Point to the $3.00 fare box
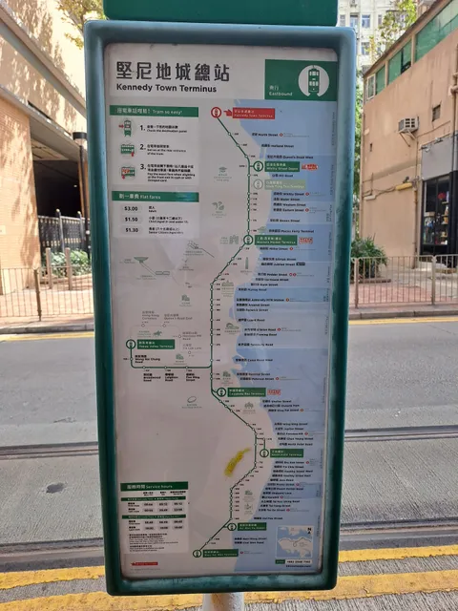pyautogui.click(x=132, y=207)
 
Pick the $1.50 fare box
pyautogui.click(x=132, y=219)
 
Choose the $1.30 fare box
pyautogui.click(x=132, y=229)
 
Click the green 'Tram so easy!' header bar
pyautogui.click(x=155, y=112)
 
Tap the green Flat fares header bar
pyautogui.click(x=155, y=196)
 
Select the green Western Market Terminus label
pyautogui.click(x=274, y=241)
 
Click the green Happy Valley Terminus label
pyautogui.click(x=152, y=344)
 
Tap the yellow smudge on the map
pyautogui.click(x=236, y=462)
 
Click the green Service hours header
pyautogui.click(x=153, y=486)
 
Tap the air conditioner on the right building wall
pyautogui.click(x=408, y=124)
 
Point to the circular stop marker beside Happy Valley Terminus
pyautogui.click(x=131, y=344)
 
